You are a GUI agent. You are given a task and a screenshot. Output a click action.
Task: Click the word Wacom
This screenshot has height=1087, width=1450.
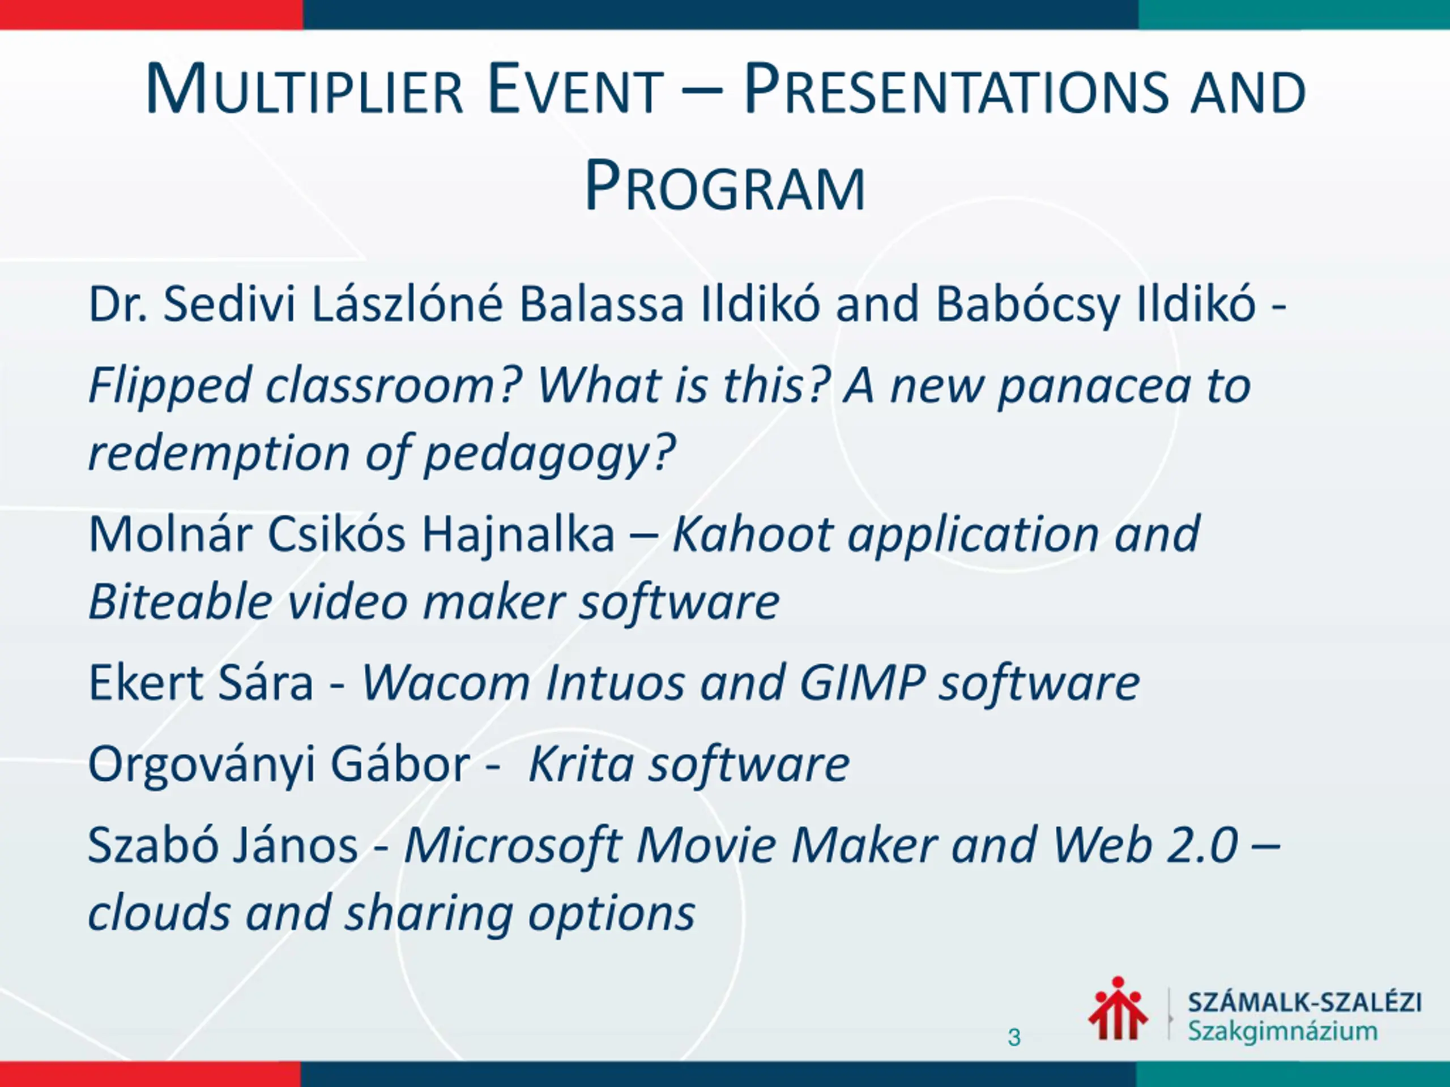tap(446, 683)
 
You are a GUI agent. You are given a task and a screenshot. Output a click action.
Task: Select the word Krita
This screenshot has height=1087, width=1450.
tap(581, 764)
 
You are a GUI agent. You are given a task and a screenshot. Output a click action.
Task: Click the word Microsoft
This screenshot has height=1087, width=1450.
tap(513, 845)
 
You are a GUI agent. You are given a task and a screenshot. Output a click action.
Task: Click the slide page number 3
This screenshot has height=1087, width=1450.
tap(1014, 1037)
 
